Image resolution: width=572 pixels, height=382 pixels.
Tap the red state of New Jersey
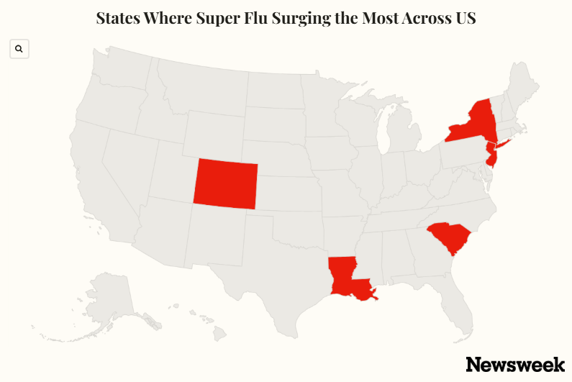tap(491, 155)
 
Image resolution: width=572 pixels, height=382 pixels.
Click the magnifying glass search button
tap(19, 49)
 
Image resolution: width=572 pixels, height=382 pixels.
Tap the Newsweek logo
tap(514, 364)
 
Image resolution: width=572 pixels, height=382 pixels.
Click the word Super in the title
tap(217, 19)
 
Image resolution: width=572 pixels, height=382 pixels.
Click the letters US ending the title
tap(465, 19)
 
